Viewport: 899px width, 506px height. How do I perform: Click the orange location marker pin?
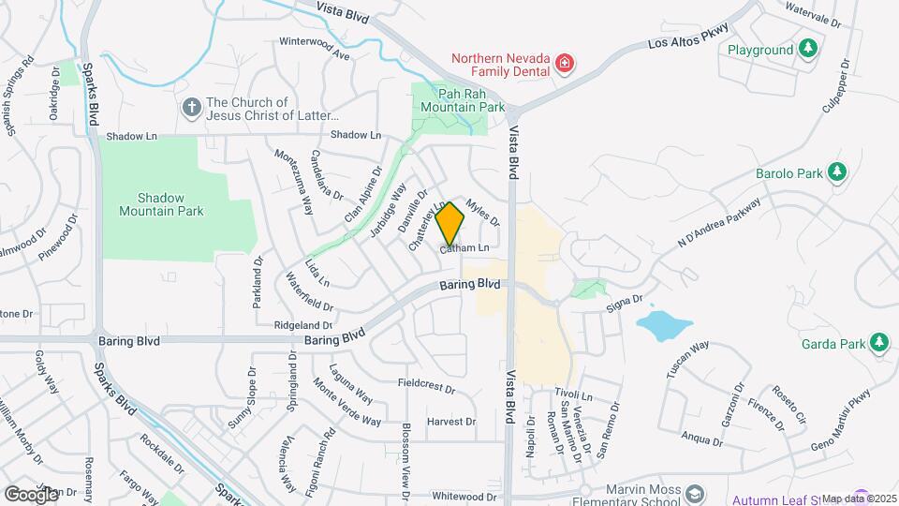(x=450, y=224)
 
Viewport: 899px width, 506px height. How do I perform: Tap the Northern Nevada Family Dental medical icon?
(x=564, y=64)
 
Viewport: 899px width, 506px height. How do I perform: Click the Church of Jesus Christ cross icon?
(x=191, y=108)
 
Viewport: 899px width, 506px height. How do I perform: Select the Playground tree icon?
(x=807, y=48)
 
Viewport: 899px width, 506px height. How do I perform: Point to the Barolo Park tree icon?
(x=836, y=173)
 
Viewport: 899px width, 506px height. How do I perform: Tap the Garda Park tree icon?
(x=878, y=343)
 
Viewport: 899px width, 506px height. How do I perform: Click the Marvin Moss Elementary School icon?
(x=694, y=494)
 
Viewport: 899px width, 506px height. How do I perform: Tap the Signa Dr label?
(x=625, y=301)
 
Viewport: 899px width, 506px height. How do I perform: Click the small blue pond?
(x=664, y=325)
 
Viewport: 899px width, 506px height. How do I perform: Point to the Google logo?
(x=31, y=494)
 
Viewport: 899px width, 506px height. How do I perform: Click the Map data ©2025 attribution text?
(x=859, y=499)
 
